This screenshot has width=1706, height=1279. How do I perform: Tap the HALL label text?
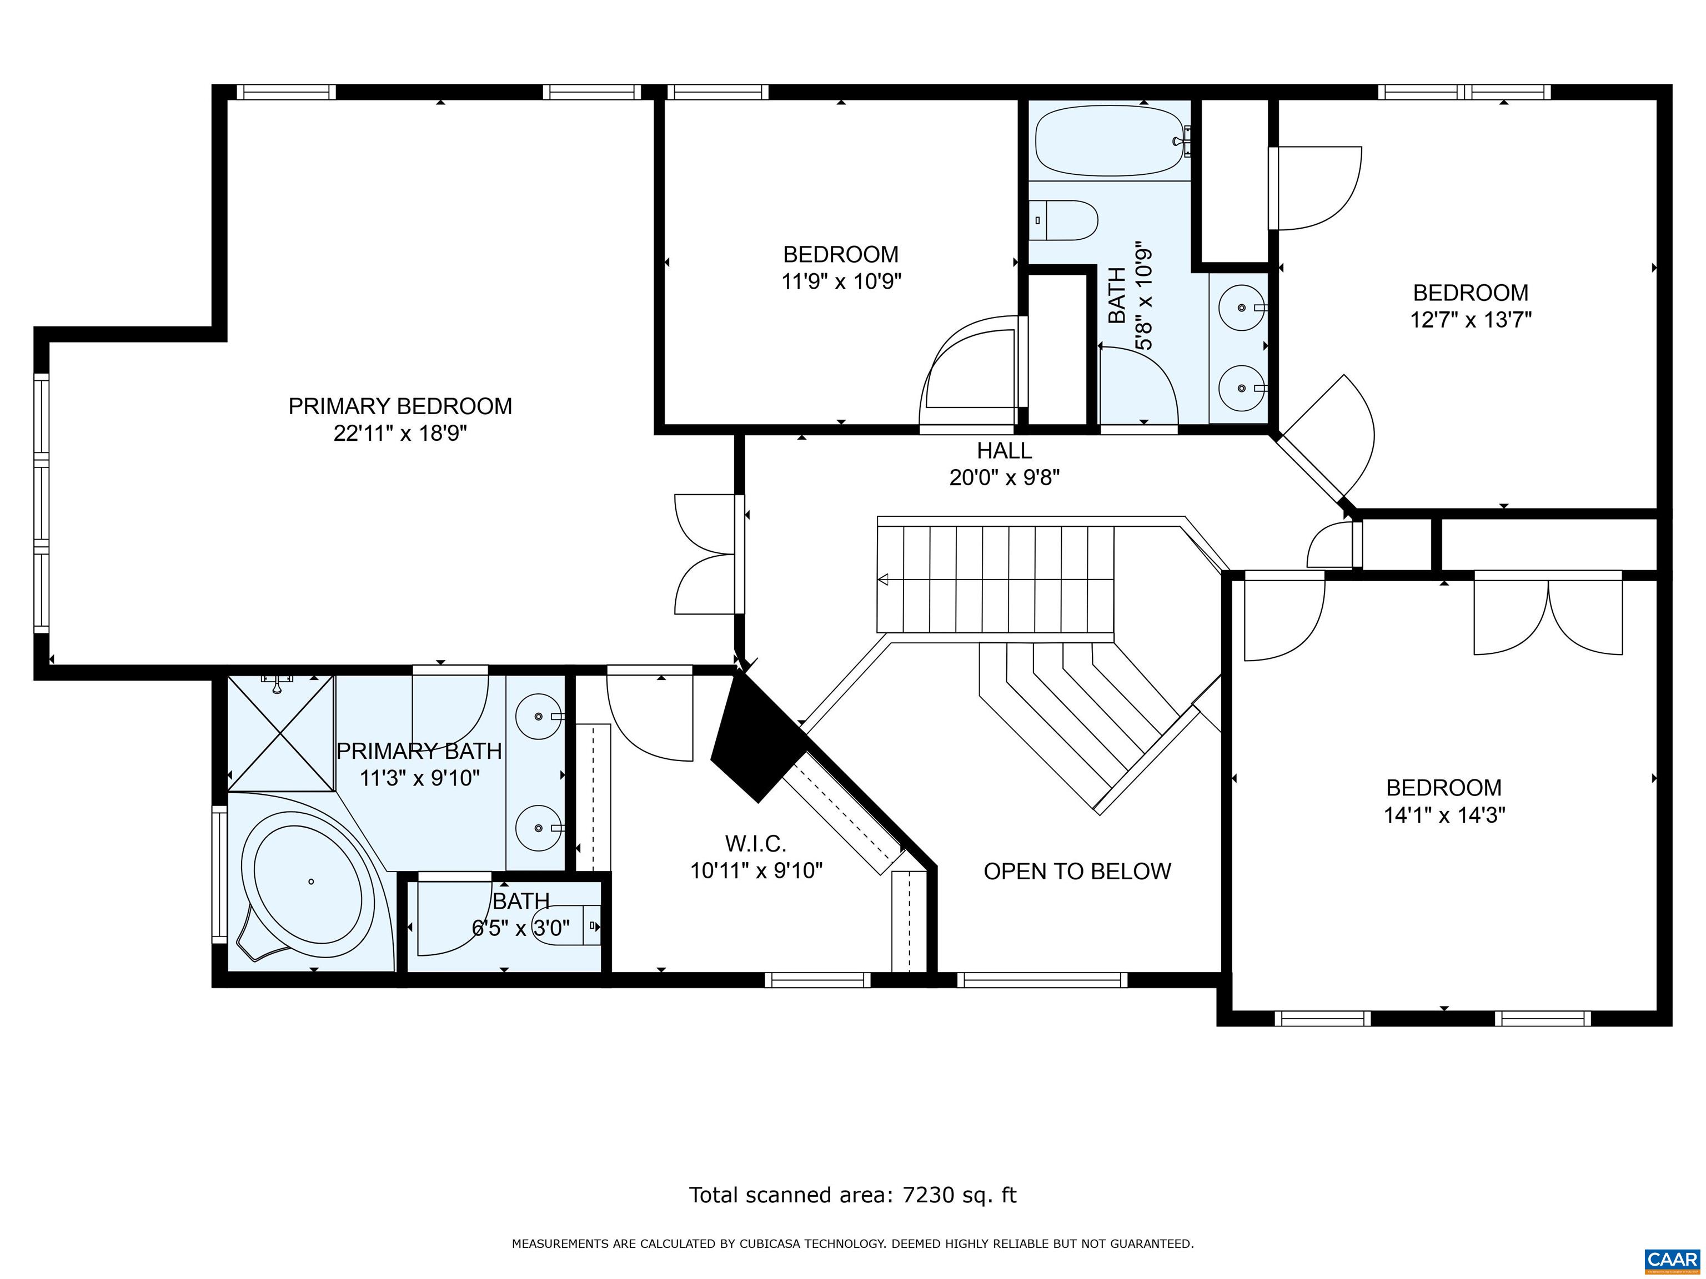pyautogui.click(x=1004, y=450)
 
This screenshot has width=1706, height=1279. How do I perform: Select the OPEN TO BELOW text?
pyautogui.click(x=1077, y=871)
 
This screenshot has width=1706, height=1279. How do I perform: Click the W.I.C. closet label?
pyautogui.click(x=756, y=843)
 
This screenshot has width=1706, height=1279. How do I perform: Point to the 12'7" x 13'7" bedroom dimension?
pyautogui.click(x=1470, y=319)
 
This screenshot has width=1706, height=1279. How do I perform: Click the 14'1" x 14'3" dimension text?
pyautogui.click(x=1444, y=815)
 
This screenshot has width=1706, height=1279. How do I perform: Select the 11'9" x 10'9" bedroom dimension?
pyautogui.click(x=841, y=281)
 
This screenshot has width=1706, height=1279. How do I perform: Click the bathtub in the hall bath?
pyautogui.click(x=1112, y=141)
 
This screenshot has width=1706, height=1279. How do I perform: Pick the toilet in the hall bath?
pyautogui.click(x=1065, y=220)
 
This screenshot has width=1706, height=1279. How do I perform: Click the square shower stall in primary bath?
pyautogui.click(x=282, y=733)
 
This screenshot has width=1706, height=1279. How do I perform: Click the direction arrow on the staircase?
pyautogui.click(x=882, y=580)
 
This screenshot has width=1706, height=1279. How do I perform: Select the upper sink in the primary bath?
pyautogui.click(x=538, y=716)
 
